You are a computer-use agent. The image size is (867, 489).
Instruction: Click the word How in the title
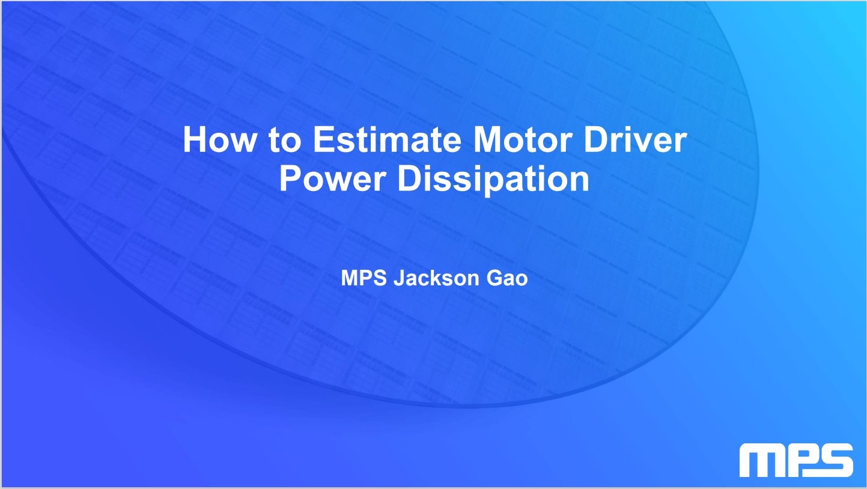click(219, 139)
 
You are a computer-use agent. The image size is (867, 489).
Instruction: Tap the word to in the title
click(284, 139)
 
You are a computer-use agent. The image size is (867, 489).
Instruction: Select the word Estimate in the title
click(387, 139)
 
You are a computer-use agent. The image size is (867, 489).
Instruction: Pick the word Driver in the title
click(635, 139)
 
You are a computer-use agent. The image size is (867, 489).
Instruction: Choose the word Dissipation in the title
click(493, 180)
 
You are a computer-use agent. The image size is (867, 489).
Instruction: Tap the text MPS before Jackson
click(364, 278)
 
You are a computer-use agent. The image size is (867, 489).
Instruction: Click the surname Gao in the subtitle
click(507, 278)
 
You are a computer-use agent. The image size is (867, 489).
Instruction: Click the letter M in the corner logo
click(762, 460)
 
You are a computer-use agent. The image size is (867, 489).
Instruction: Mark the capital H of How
click(194, 139)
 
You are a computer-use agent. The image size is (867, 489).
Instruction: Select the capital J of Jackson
click(400, 278)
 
